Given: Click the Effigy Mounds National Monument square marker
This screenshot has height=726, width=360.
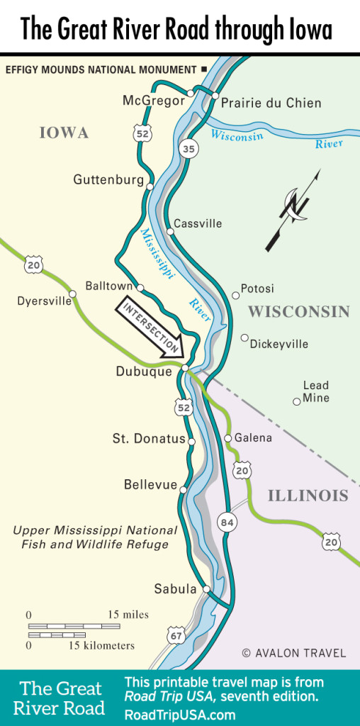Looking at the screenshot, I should click(x=204, y=69).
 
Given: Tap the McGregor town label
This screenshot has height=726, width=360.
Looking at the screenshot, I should click(x=154, y=101).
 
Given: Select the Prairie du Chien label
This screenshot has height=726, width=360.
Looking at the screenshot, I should click(x=271, y=104).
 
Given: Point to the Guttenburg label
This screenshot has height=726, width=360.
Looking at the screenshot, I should click(x=108, y=180).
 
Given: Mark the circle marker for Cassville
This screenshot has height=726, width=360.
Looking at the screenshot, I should click(x=170, y=231).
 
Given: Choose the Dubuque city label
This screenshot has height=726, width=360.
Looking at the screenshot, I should click(x=144, y=371).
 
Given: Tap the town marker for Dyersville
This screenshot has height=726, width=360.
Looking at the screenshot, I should click(x=72, y=294).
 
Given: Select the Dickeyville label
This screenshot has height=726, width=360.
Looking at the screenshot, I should click(x=279, y=344).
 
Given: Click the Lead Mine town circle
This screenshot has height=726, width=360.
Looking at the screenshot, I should click(x=297, y=401).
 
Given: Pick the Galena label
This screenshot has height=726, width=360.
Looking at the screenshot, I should click(x=253, y=438).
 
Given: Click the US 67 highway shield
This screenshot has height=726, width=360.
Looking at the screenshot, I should click(x=176, y=636).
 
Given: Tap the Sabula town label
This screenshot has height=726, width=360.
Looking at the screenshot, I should click(x=175, y=589).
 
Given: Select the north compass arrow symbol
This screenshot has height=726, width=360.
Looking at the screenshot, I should click(x=292, y=210).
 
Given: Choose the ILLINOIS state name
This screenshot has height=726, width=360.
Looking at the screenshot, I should click(x=308, y=496).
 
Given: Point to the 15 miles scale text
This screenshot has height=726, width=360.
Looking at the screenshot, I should click(x=128, y=614).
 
